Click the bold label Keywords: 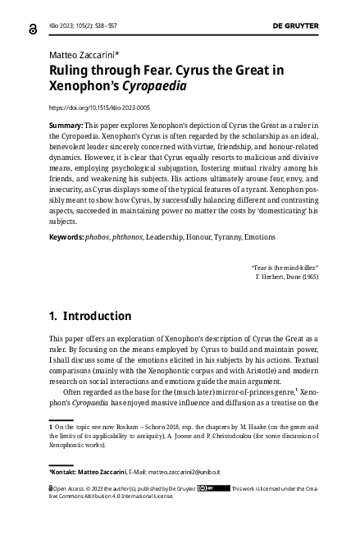click(x=66, y=236)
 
